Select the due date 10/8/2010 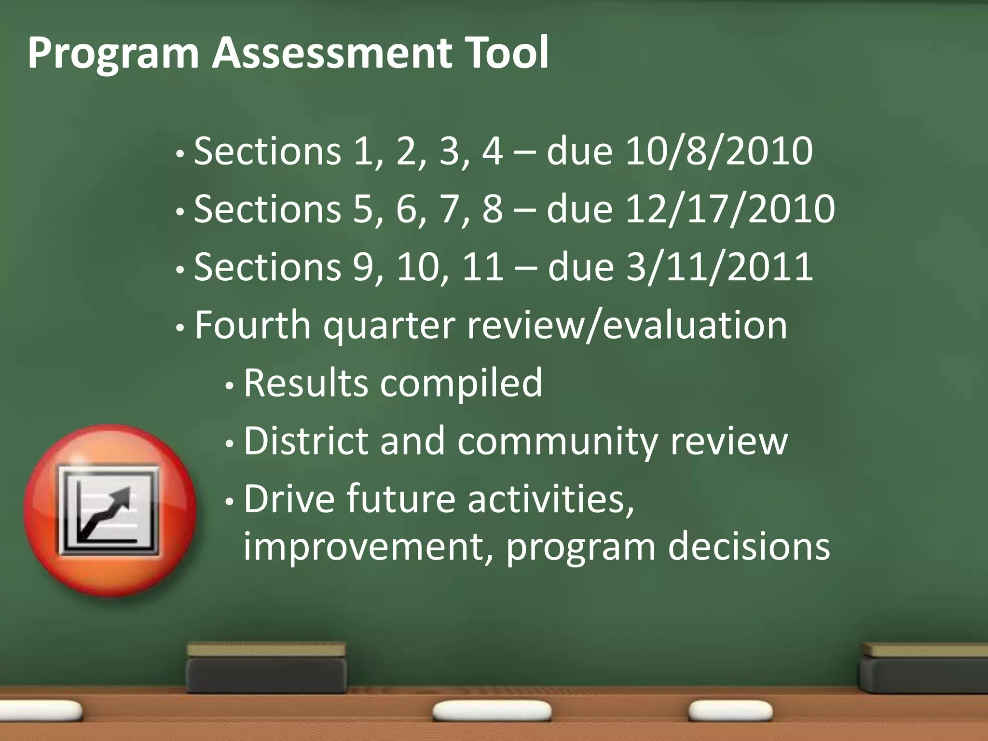tap(719, 151)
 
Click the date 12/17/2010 tap(730, 209)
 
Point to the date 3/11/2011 tap(719, 267)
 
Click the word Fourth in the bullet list tap(252, 325)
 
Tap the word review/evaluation tap(627, 325)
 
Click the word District tap(306, 441)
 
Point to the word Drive tap(289, 499)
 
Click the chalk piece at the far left tap(41, 710)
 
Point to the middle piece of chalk tap(492, 711)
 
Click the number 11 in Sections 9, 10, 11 tap(482, 267)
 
